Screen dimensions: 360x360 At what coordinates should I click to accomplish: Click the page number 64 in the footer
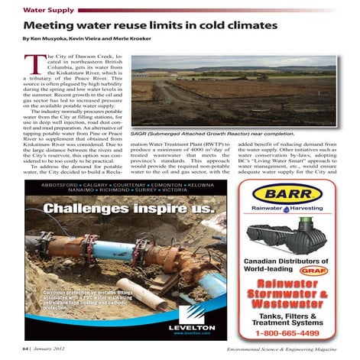pos(25,349)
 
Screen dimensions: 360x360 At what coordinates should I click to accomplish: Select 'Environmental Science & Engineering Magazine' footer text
pos(287,349)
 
